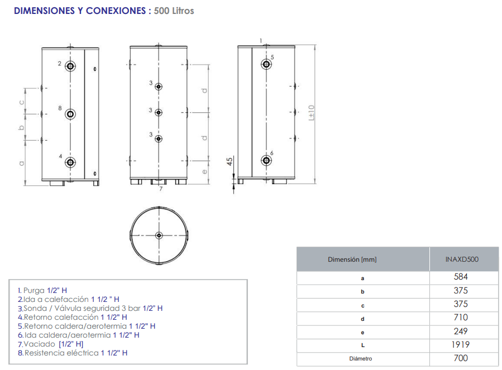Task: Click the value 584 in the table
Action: tap(461, 277)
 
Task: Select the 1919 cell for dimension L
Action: tap(460, 345)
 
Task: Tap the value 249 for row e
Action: tap(461, 331)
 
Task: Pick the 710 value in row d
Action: tap(461, 318)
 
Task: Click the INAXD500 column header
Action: tap(462, 260)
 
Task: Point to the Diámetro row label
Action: tap(361, 358)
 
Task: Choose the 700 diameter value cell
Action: tap(461, 358)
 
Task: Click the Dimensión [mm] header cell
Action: tap(352, 260)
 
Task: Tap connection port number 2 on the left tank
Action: tap(70, 66)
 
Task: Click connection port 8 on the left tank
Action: tap(70, 114)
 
